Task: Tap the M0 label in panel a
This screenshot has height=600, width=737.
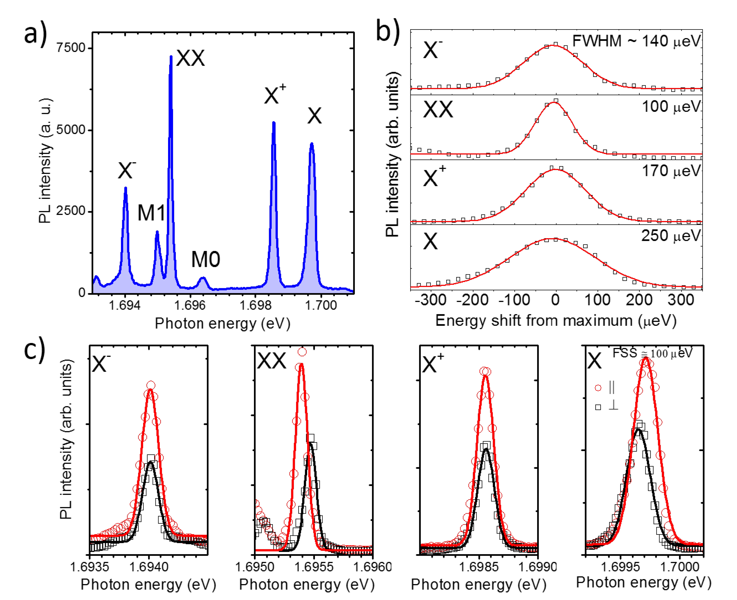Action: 206,259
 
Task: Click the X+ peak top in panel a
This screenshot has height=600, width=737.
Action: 274,123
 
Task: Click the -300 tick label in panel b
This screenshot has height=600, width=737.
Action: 431,300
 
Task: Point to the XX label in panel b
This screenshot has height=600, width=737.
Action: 438,110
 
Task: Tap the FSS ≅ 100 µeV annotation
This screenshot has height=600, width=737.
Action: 652,353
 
